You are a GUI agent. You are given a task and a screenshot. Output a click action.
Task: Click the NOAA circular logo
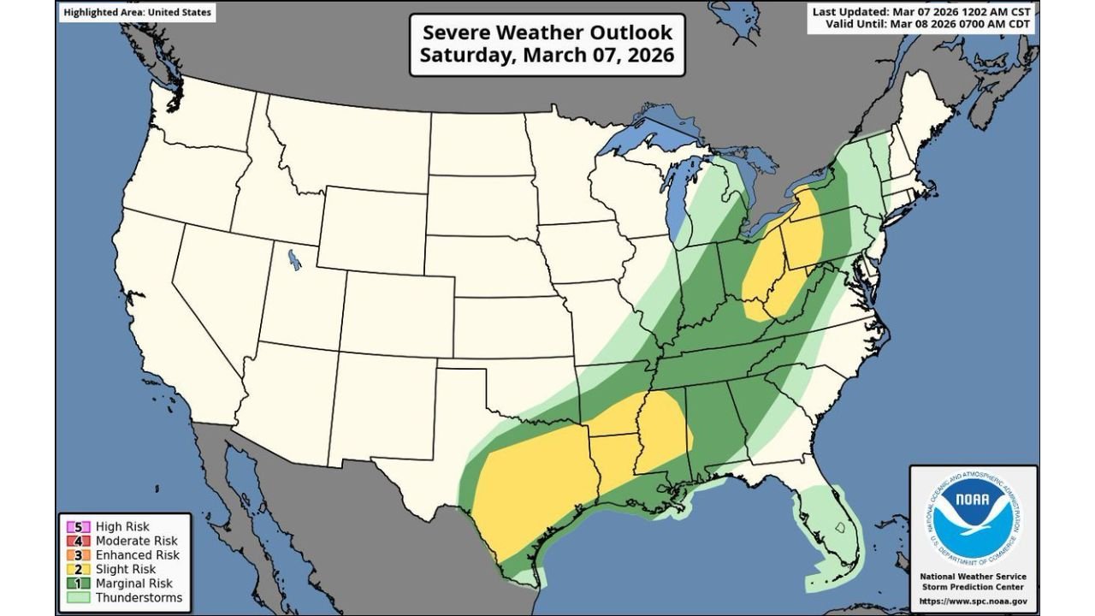coord(973,518)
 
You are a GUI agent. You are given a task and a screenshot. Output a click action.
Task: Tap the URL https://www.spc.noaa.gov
coord(973,601)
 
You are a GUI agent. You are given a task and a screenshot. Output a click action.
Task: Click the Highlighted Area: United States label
coord(138,13)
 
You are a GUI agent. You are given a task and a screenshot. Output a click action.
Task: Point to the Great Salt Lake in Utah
coord(295,258)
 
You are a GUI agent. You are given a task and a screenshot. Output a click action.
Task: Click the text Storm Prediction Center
coord(973,587)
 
